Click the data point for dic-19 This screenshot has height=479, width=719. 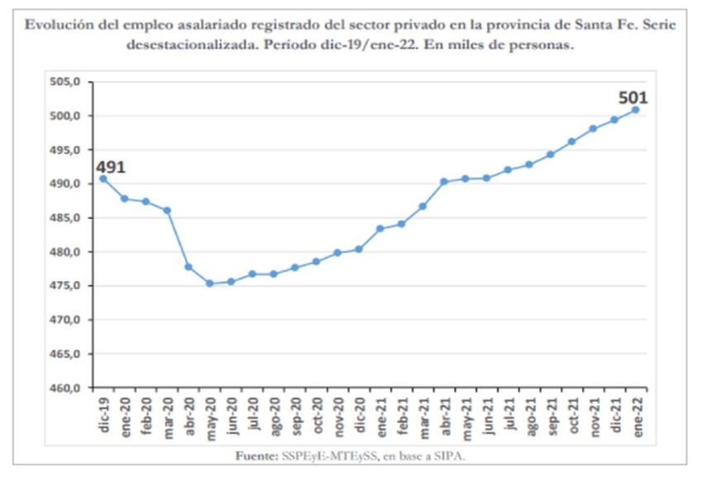(103, 178)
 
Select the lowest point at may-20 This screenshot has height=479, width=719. (210, 283)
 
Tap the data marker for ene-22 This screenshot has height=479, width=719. (636, 110)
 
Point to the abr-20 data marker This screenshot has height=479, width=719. (188, 267)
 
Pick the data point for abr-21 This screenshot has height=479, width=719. (444, 182)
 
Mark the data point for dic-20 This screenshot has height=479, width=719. (359, 249)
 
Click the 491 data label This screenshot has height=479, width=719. (110, 168)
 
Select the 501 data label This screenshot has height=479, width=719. (633, 98)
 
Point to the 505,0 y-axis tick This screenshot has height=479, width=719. (69, 82)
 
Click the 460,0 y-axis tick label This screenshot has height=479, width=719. (69, 388)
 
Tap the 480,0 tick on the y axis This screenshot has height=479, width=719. (69, 252)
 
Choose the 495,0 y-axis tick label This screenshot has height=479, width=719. (69, 150)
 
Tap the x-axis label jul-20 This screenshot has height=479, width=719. (253, 413)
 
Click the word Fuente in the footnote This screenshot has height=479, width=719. (255, 456)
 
